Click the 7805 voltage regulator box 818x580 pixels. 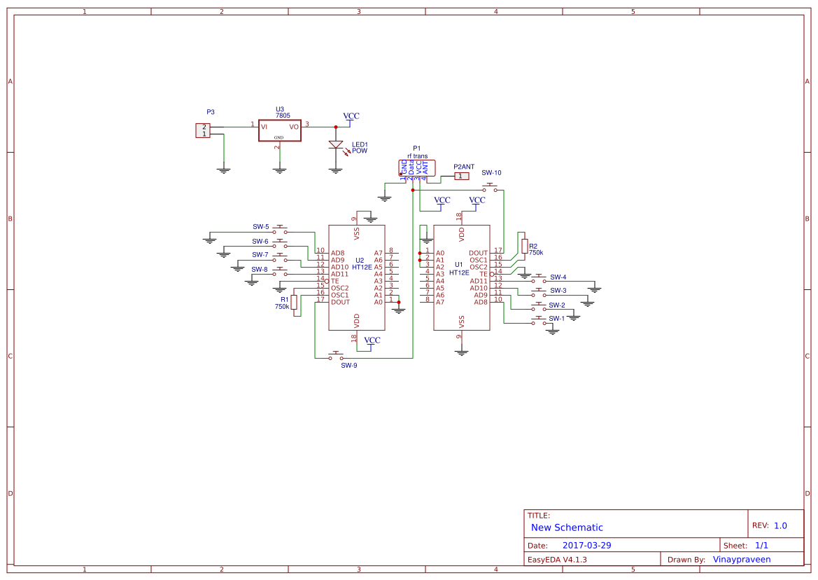[279, 130]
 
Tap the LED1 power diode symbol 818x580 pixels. [336, 145]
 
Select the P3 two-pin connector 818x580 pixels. [202, 130]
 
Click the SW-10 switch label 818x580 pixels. [491, 173]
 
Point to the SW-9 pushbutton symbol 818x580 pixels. [337, 356]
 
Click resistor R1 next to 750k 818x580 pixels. [295, 302]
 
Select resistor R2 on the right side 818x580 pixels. [524, 245]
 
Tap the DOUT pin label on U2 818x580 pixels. [340, 302]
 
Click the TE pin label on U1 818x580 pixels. [483, 274]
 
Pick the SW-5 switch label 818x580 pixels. [261, 227]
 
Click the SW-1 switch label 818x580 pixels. [556, 319]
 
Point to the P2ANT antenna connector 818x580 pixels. [461, 176]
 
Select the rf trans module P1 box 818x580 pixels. [417, 167]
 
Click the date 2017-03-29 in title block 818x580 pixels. [586, 545]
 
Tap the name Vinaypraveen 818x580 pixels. [741, 559]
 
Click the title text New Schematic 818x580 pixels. [566, 527]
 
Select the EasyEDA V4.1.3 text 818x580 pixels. [556, 559]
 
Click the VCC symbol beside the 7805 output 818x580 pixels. [351, 116]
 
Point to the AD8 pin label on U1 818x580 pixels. [480, 302]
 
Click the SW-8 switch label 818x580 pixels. [260, 269]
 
